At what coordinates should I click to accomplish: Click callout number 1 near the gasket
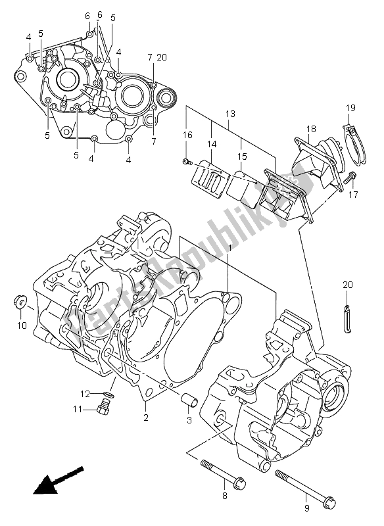point(229,249)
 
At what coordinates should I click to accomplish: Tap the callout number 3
point(188,420)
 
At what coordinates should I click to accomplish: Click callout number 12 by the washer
point(84,394)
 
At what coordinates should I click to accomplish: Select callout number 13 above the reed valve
point(229,113)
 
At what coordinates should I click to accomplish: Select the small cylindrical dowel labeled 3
point(188,399)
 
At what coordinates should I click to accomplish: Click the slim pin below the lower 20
point(346,315)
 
